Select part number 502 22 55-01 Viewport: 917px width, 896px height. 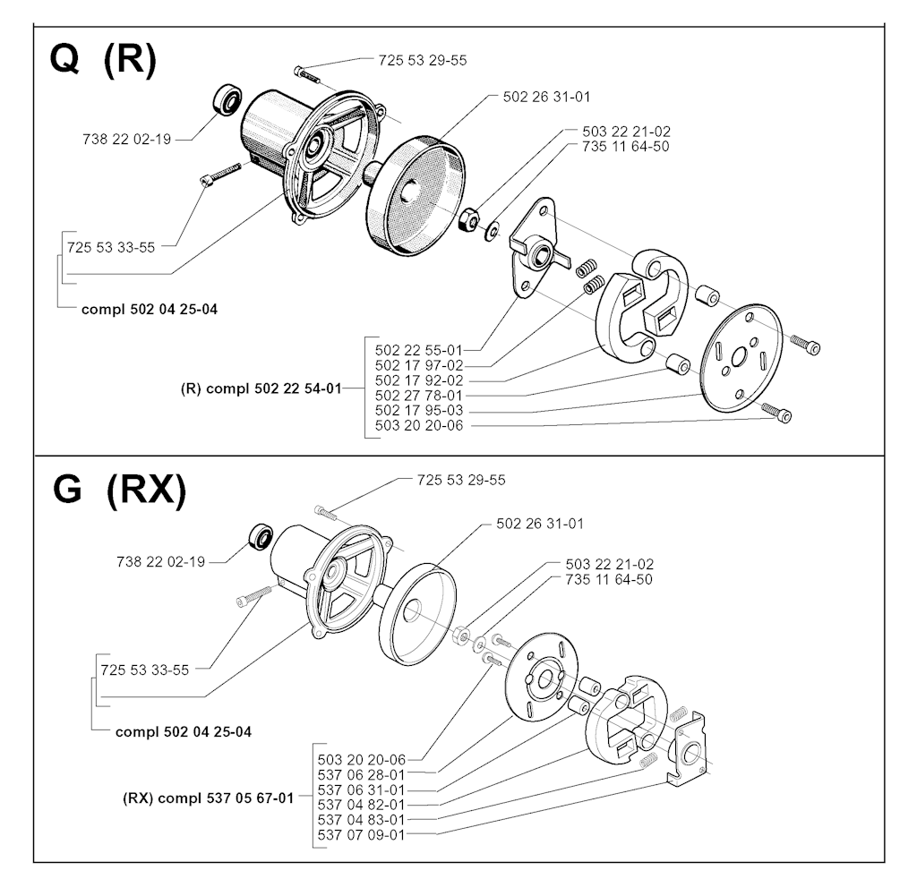pos(419,350)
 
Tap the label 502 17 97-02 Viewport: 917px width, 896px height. pos(419,365)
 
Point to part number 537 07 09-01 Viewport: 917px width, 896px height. pos(362,834)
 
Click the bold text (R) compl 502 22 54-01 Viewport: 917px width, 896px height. pos(261,388)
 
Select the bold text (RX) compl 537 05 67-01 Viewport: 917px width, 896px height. pos(208,798)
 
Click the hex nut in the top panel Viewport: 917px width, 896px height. pos(469,220)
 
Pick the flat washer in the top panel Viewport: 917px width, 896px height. pos(492,230)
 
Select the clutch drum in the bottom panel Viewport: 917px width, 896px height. pos(417,614)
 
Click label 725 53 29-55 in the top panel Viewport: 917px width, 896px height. pos(423,60)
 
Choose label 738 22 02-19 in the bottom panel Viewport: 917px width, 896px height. pos(161,562)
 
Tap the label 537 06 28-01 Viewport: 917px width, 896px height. pos(362,774)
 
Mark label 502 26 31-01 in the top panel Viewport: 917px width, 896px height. pos(547,97)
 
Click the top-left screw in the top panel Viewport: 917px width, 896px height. pos(307,74)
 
